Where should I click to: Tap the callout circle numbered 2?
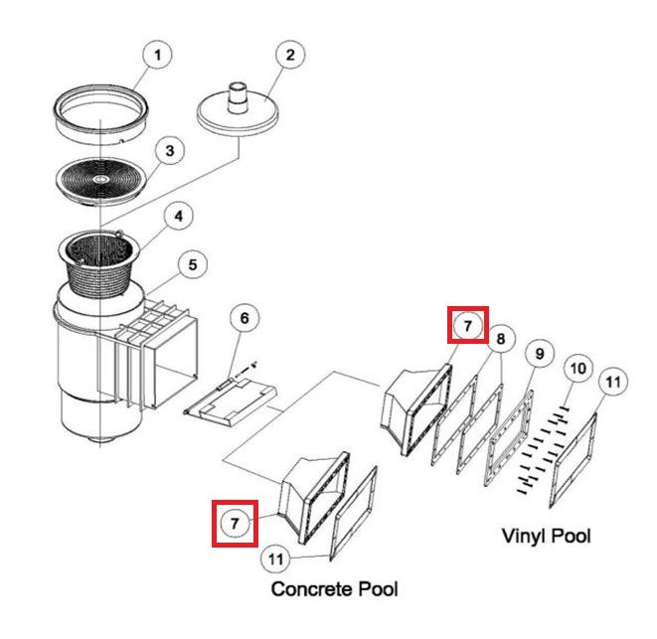[288, 55]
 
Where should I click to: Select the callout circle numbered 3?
[170, 151]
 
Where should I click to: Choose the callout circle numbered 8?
[500, 339]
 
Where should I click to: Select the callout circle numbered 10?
[576, 368]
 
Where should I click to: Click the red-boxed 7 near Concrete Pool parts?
[235, 523]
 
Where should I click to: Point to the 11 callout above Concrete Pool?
[277, 559]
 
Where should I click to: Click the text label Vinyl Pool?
[545, 536]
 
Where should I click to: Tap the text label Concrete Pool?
[335, 589]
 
